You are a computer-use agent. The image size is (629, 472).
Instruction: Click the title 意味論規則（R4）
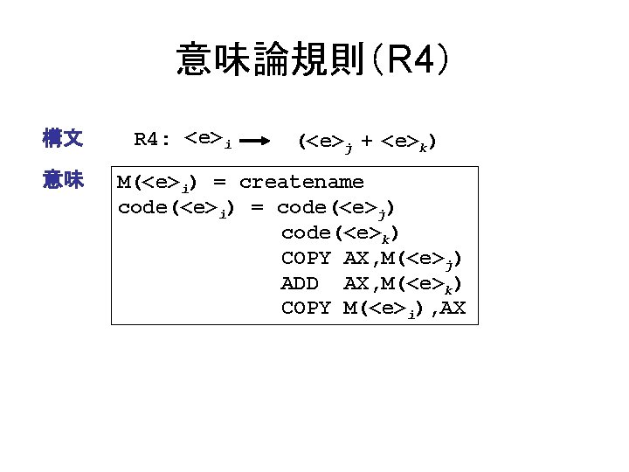pyautogui.click(x=314, y=60)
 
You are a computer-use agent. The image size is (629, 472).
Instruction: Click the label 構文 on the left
pyautogui.click(x=63, y=138)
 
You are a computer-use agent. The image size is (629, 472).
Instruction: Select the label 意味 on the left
pyautogui.click(x=63, y=181)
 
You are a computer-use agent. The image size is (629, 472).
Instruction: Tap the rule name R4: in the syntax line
pyautogui.click(x=153, y=138)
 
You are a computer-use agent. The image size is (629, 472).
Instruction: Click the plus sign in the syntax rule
pyautogui.click(x=366, y=139)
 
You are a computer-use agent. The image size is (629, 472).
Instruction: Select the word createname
pyautogui.click(x=301, y=182)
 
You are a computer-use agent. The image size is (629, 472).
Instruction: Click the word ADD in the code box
pyautogui.click(x=299, y=283)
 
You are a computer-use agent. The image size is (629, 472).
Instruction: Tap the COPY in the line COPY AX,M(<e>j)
pyautogui.click(x=306, y=258)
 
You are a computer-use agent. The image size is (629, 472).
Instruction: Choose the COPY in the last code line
pyautogui.click(x=306, y=308)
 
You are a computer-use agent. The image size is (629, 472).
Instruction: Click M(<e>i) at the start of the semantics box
pyautogui.click(x=157, y=183)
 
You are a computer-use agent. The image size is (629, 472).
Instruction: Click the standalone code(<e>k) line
pyautogui.click(x=340, y=233)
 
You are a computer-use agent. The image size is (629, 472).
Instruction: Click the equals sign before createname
pyautogui.click(x=219, y=182)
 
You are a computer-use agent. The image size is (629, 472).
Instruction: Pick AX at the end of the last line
pyautogui.click(x=454, y=308)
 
